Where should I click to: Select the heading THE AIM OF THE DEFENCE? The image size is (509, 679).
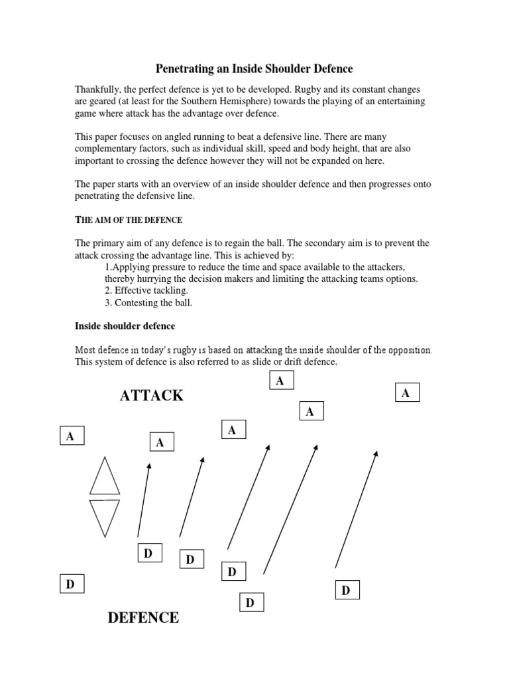[x=128, y=219]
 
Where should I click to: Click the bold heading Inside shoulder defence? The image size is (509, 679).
[x=125, y=326]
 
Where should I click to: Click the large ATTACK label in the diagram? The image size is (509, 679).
[x=152, y=396]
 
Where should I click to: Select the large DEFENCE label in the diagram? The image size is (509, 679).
[x=143, y=618]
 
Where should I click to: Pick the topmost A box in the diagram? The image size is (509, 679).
[x=280, y=381]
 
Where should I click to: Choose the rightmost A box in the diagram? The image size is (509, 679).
[x=406, y=393]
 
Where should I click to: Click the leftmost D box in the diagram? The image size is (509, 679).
[x=71, y=584]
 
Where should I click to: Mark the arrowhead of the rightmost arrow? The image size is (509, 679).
[x=376, y=454]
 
